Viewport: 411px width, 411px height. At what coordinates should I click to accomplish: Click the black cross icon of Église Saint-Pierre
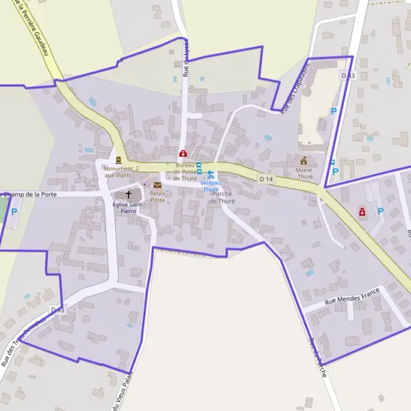pos(128,195)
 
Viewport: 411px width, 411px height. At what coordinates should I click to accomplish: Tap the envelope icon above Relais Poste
pos(158,186)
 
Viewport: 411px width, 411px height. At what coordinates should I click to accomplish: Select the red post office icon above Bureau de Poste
pos(183,153)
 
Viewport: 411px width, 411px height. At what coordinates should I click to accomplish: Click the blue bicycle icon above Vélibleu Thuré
pos(211,175)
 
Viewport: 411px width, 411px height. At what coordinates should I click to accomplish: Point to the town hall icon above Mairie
pos(304,160)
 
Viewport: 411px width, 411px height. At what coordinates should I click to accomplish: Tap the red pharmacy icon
pos(362,212)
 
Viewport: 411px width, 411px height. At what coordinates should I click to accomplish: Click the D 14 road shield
pos(266,179)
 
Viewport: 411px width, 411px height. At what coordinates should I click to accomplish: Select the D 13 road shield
pos(348,75)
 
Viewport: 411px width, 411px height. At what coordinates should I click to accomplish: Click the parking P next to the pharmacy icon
pos(380,212)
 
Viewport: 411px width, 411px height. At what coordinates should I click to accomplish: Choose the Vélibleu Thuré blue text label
pos(210,186)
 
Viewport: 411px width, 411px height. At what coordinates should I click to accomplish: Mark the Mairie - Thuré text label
pos(304,173)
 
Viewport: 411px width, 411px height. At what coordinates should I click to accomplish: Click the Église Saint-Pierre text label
pos(129,208)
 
